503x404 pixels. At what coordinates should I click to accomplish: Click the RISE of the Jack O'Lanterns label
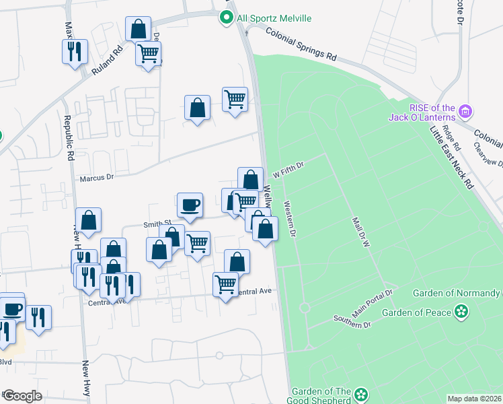tap(423, 112)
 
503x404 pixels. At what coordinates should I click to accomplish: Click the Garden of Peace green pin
tap(461, 311)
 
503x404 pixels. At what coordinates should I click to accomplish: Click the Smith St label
tap(157, 223)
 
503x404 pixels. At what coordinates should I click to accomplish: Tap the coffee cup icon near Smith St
tap(190, 205)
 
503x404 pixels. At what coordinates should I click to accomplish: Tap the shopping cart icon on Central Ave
tap(225, 283)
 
